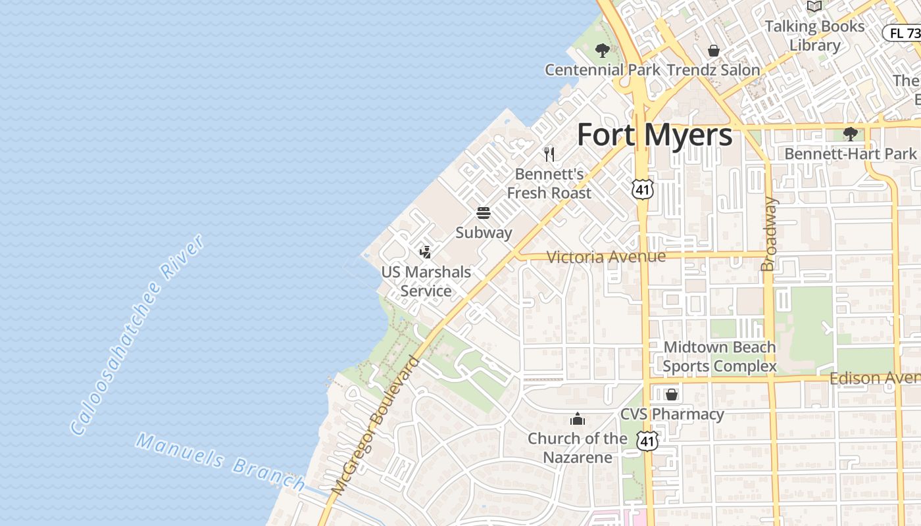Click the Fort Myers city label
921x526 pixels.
[655, 135]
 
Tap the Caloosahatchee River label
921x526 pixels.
[137, 335]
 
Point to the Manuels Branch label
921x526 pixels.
[220, 462]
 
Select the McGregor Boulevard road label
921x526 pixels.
[376, 426]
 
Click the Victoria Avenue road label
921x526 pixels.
[606, 256]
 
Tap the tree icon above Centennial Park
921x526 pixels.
[602, 51]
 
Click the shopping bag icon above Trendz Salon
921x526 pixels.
[713, 51]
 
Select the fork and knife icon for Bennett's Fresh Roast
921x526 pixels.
[549, 155]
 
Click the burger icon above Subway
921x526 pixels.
[484, 213]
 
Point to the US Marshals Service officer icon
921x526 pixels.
[426, 252]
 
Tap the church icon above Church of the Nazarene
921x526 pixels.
[577, 419]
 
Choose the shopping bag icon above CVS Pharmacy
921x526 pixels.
[672, 394]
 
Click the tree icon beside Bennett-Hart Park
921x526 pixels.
[850, 134]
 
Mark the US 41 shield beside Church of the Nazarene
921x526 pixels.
[647, 441]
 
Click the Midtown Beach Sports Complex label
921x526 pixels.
[720, 356]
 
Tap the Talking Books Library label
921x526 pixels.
[814, 36]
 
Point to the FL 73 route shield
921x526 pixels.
[903, 33]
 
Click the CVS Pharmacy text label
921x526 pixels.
[672, 414]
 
